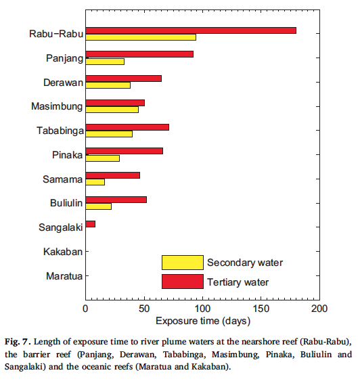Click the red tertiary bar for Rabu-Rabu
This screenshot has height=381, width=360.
click(x=191, y=30)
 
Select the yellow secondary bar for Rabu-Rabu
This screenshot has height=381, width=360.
click(x=141, y=37)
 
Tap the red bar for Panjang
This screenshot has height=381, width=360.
click(x=139, y=54)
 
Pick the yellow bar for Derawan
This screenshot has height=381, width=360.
click(x=108, y=85)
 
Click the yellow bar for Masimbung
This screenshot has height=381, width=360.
click(x=112, y=110)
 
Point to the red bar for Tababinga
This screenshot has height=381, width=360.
click(x=127, y=127)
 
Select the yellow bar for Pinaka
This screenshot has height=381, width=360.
click(x=102, y=158)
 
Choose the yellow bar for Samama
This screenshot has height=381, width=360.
click(x=95, y=182)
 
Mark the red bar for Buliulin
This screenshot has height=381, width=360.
click(x=116, y=200)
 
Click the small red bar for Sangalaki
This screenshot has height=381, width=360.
click(x=91, y=224)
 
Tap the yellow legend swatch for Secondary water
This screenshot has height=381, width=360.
click(x=183, y=263)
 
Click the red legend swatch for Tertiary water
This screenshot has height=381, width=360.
click(x=183, y=282)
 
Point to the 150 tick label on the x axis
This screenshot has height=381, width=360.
click(x=261, y=309)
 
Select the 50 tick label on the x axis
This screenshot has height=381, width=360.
click(x=144, y=309)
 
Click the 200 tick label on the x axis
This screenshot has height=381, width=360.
click(x=319, y=309)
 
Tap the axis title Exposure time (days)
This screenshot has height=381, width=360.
click(x=203, y=321)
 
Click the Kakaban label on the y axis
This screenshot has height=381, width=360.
click(x=63, y=252)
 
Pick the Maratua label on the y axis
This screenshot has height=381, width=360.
click(x=64, y=276)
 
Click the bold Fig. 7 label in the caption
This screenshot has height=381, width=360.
click(x=18, y=342)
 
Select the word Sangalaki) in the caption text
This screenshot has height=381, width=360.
click(x=25, y=367)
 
